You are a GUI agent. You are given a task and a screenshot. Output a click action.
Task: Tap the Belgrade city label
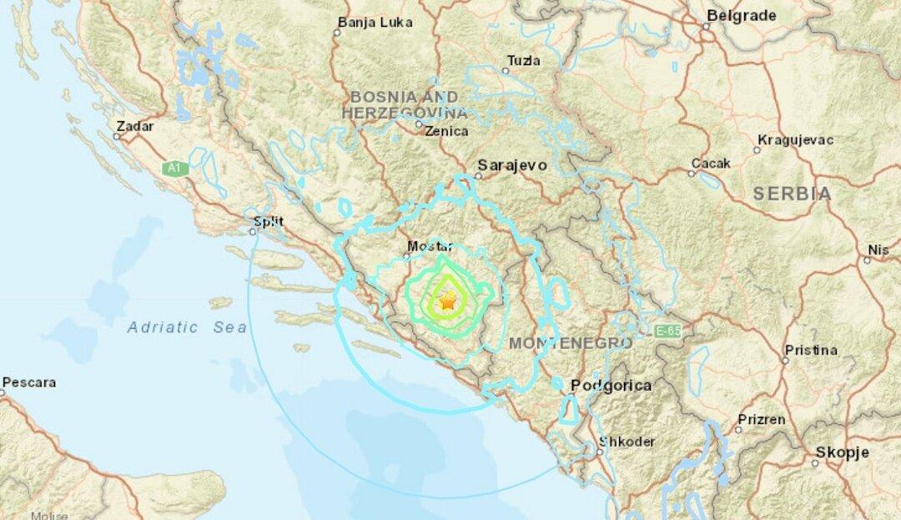click(x=741, y=15)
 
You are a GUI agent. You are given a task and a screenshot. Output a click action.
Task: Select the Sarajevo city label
click(x=511, y=165)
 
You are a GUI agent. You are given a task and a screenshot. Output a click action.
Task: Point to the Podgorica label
click(x=611, y=386)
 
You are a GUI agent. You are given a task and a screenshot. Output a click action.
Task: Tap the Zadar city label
click(x=134, y=126)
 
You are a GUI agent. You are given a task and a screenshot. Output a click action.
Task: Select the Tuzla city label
click(x=523, y=60)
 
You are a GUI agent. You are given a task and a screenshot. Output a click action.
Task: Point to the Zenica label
click(x=446, y=131)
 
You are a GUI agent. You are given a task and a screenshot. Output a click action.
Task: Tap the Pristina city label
click(x=810, y=350)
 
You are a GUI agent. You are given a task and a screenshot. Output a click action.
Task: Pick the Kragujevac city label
click(x=793, y=139)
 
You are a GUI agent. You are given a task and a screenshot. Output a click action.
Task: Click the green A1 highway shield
click(x=173, y=169)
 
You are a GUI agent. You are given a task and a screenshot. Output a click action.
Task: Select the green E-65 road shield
click(x=667, y=331)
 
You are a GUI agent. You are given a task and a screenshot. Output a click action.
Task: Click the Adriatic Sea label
click(x=187, y=328)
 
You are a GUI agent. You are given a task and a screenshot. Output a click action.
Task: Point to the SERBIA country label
click(x=792, y=194)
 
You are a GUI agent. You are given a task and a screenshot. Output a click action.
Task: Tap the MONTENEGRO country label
click(x=570, y=343)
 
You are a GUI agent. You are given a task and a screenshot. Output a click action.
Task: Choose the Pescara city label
click(x=29, y=382)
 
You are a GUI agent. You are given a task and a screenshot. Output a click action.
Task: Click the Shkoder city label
click(x=627, y=442)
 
